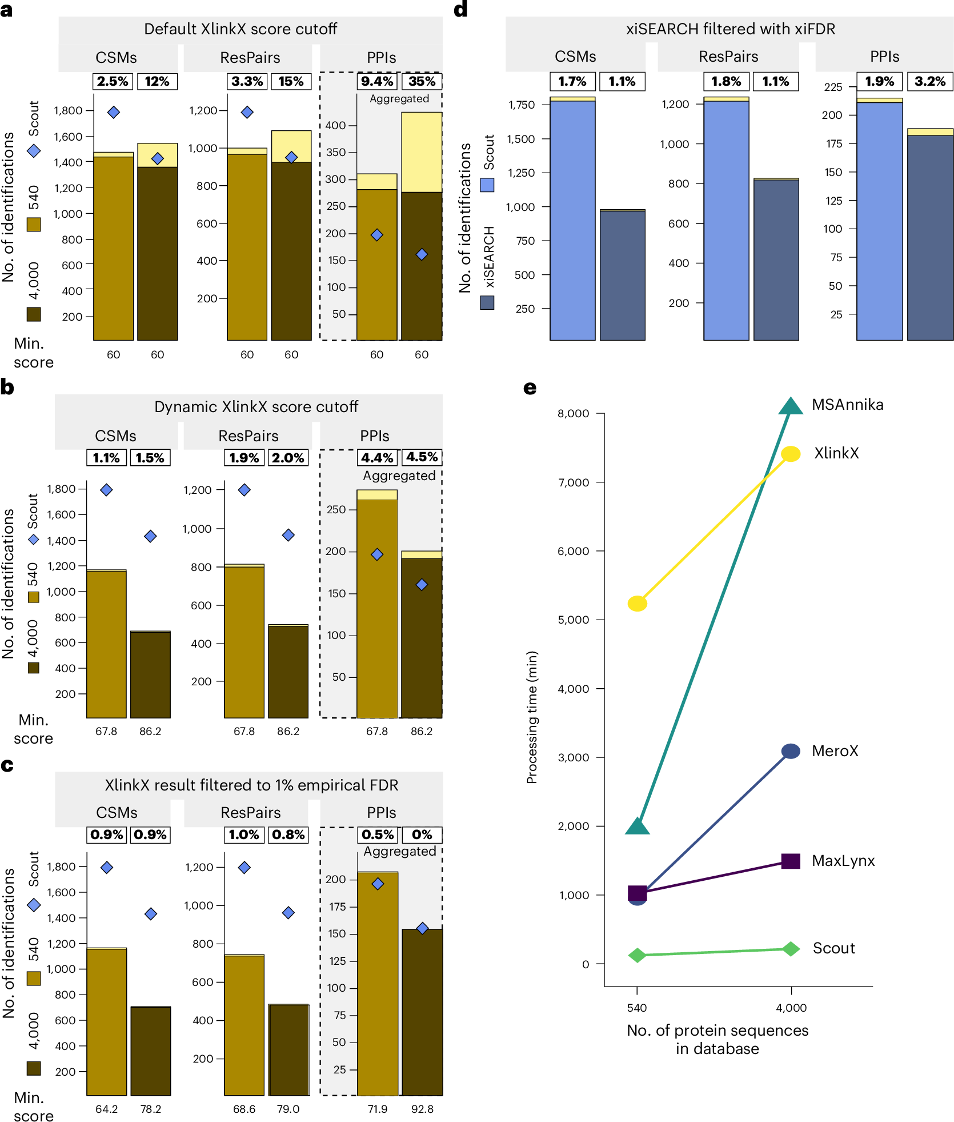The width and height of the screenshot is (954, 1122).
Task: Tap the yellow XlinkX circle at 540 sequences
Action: [x=637, y=604]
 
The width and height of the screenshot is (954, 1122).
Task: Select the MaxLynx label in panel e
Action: [x=843, y=861]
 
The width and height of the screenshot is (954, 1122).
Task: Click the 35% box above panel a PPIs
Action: [x=422, y=82]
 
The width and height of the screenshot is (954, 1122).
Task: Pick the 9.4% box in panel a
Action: [x=377, y=82]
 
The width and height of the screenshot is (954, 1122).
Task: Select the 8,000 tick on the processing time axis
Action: [x=573, y=414]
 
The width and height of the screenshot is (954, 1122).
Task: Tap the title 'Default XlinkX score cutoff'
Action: [x=240, y=29]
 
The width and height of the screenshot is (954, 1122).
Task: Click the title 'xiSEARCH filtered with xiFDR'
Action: [x=730, y=29]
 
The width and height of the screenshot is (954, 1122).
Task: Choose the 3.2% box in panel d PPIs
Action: [x=929, y=82]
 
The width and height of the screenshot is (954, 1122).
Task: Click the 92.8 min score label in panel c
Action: [x=422, y=1109]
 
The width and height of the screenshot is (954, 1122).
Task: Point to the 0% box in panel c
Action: [x=422, y=834]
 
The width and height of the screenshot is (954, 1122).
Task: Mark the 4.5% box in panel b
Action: [x=422, y=457]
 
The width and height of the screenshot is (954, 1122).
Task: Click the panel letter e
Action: [x=530, y=389]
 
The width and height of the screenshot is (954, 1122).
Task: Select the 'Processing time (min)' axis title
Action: [x=532, y=717]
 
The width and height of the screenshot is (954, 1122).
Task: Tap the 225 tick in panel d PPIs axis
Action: [x=833, y=87]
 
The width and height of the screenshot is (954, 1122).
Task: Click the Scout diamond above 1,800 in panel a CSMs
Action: [x=114, y=112]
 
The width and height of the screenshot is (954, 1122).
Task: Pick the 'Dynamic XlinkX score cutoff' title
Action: [x=256, y=407]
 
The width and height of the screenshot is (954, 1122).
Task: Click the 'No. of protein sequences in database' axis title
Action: [x=717, y=1039]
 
